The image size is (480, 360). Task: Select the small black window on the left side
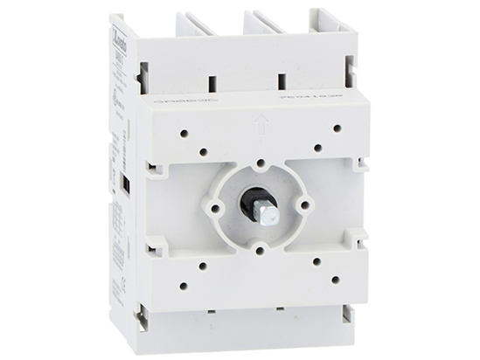(125, 184)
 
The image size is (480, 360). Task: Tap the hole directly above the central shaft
(261, 163)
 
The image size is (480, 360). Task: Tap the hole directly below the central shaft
(261, 250)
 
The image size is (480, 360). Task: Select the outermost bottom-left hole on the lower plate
(183, 284)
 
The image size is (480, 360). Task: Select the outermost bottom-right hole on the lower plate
(337, 280)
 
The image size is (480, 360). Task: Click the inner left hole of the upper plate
(203, 151)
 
